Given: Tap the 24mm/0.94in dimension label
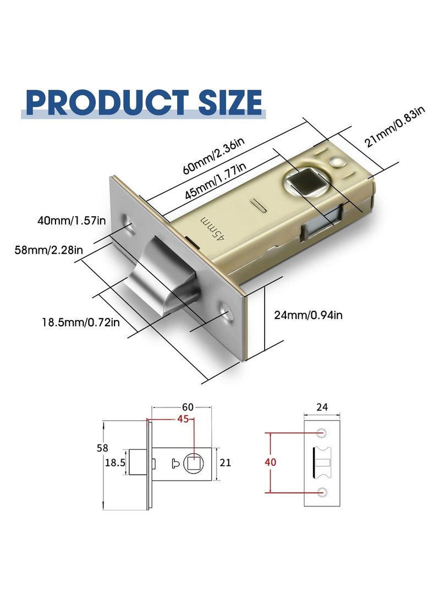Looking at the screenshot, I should [308, 315].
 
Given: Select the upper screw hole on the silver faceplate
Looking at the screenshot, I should [131, 223].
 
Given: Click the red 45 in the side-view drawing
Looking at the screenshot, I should [183, 419].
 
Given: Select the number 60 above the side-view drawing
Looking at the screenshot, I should [188, 408].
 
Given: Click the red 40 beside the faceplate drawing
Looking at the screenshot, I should [270, 462].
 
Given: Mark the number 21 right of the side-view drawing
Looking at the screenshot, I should [226, 463].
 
